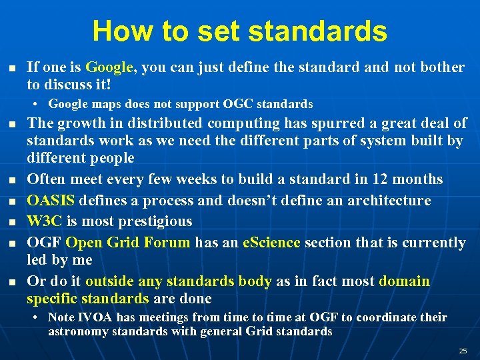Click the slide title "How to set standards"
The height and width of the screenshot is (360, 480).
coord(239,31)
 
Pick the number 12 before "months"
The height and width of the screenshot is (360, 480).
coord(381,179)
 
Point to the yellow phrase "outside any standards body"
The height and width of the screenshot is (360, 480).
coord(178,281)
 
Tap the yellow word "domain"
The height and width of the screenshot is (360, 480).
coord(404,281)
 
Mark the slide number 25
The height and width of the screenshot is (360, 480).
coord(463,351)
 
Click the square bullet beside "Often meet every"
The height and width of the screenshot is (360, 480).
coord(11,180)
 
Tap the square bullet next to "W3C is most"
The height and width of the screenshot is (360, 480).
coord(11,222)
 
